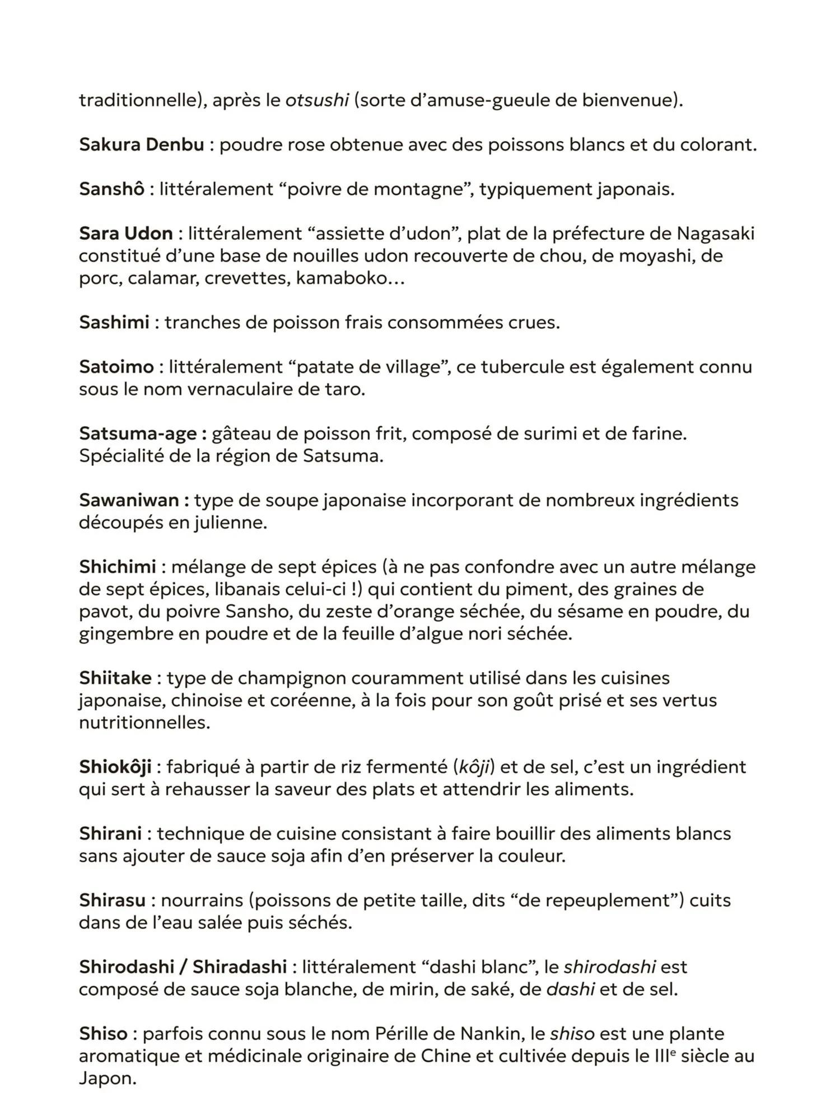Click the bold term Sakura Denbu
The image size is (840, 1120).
tap(141, 145)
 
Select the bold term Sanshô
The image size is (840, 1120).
tap(111, 189)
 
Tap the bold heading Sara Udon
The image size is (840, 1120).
tap(126, 234)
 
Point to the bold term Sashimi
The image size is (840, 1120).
tap(114, 323)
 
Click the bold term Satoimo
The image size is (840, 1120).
tap(116, 367)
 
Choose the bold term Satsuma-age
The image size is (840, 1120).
tap(138, 434)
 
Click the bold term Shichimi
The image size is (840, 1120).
tap(117, 567)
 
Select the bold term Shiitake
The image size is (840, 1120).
tap(115, 678)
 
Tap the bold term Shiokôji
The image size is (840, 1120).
tap(115, 767)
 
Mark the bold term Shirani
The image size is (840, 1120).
tap(110, 834)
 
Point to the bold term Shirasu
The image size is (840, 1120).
tap(112, 900)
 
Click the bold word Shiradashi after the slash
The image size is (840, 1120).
tap(240, 967)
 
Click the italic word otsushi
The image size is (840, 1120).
tap(317, 101)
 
